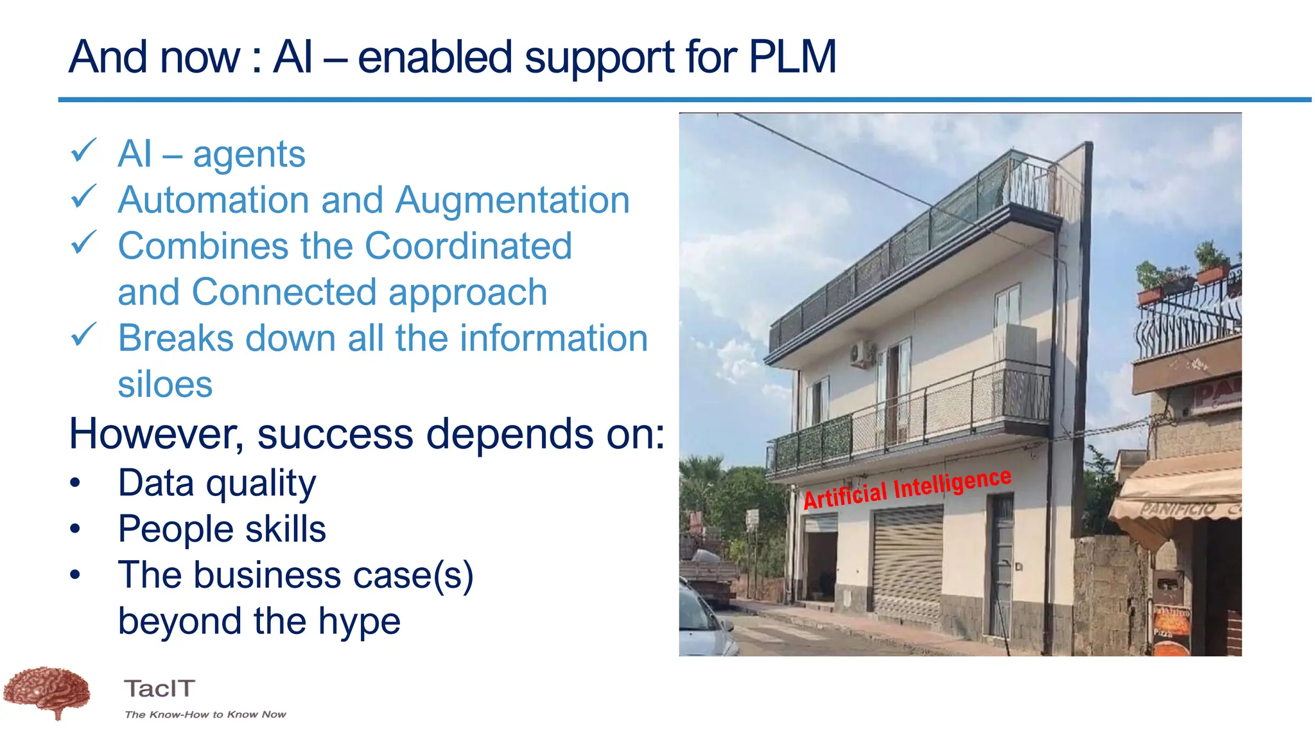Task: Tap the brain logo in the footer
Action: click(46, 692)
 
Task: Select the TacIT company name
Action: click(159, 689)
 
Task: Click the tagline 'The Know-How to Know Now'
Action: click(205, 714)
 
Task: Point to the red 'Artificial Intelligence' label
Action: click(907, 489)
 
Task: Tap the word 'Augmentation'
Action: click(512, 200)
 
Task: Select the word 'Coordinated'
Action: click(468, 246)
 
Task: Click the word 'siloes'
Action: click(165, 384)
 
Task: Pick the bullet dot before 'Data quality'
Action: click(76, 484)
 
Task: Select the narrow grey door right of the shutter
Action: click(1000, 565)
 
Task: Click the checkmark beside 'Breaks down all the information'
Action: click(83, 335)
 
